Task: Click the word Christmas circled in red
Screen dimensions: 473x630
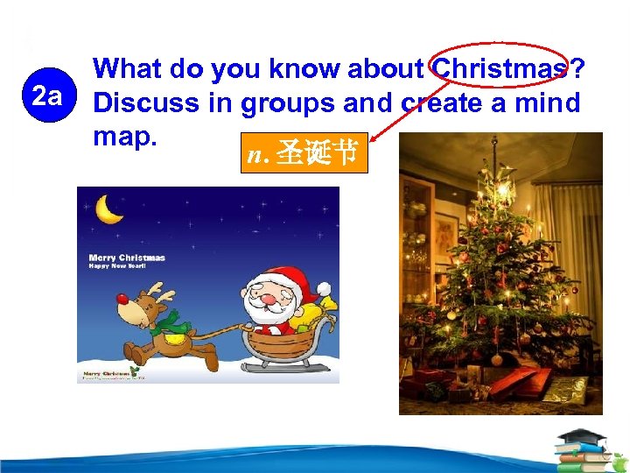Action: [x=498, y=67]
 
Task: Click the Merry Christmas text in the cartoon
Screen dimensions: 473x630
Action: [x=127, y=258]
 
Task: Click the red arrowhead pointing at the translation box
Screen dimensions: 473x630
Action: [x=374, y=136]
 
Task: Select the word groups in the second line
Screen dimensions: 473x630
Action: [x=285, y=102]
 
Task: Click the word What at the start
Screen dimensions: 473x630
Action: [x=132, y=67]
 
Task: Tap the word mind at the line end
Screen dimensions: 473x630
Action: [x=548, y=102]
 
